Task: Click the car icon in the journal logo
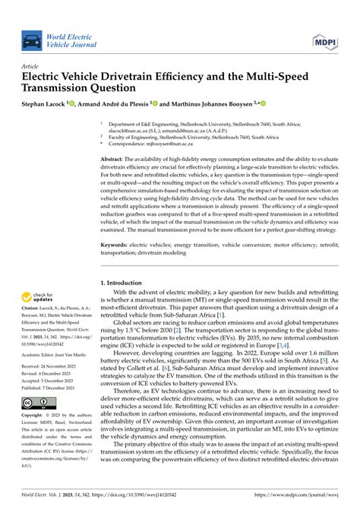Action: [32, 40]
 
